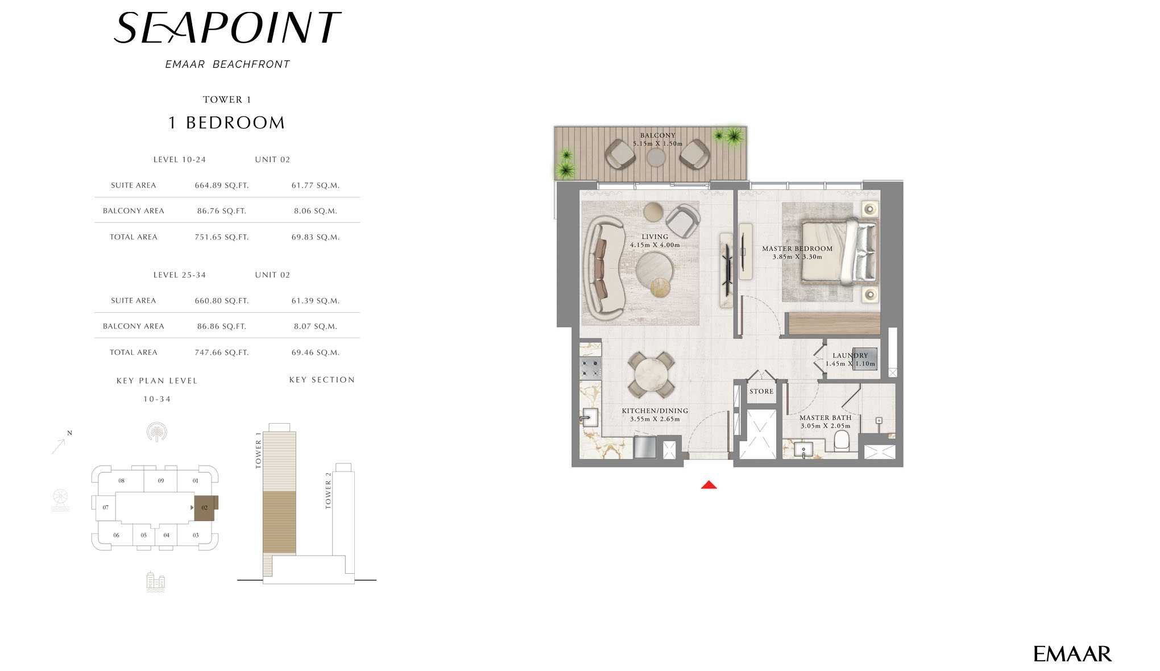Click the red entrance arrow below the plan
click(709, 484)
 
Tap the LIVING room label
click(655, 237)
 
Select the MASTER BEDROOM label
click(797, 248)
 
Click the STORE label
click(761, 391)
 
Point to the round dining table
click(652, 375)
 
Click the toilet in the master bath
click(842, 441)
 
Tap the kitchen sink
click(589, 418)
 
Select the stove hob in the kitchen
click(590, 368)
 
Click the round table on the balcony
click(656, 157)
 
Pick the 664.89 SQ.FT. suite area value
click(222, 185)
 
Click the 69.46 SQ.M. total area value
click(316, 353)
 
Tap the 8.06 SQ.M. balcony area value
click(316, 211)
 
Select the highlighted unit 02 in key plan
click(205, 508)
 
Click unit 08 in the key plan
click(122, 481)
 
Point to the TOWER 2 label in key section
click(328, 490)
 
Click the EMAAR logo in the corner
click(1072, 654)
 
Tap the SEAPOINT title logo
click(227, 28)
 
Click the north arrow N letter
click(69, 433)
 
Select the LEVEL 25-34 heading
click(180, 275)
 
